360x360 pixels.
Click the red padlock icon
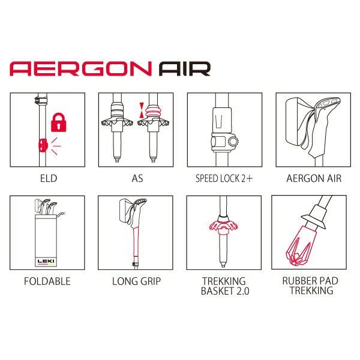(59, 122)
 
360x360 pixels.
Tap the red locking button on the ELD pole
(43, 145)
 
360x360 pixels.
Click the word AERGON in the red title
(80, 68)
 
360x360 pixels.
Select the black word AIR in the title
(185, 68)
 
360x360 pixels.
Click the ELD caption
(49, 178)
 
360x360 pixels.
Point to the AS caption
(137, 178)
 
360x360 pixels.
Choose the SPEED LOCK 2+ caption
(224, 178)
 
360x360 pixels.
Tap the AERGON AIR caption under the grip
(314, 178)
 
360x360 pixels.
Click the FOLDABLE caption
(47, 281)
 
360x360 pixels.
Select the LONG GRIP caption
(136, 281)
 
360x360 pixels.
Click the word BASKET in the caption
(217, 291)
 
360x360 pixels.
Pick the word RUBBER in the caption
(298, 281)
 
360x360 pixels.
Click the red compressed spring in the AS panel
(152, 112)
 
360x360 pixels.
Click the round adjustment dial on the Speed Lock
(233, 142)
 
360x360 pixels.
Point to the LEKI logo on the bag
(46, 261)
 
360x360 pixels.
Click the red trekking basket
(224, 226)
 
